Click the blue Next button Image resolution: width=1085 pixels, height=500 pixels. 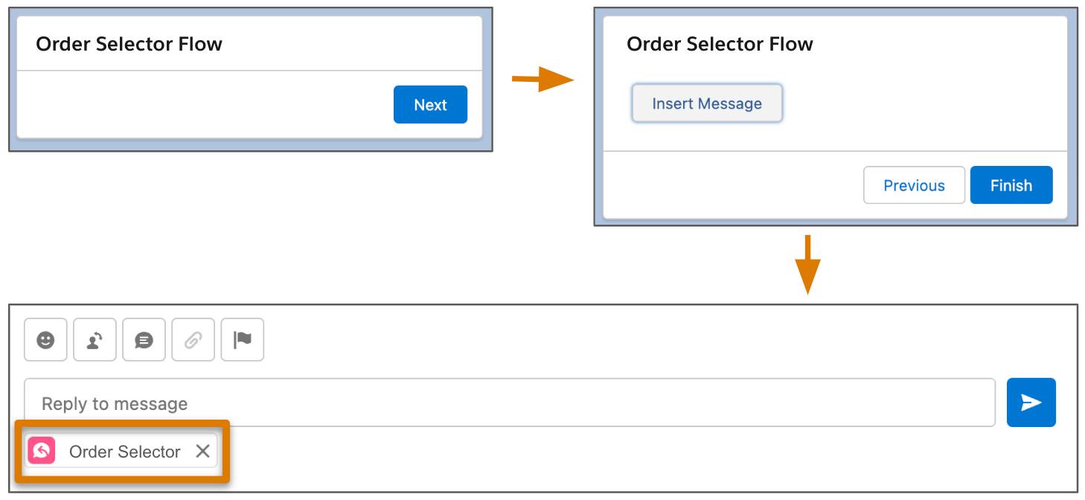(430, 105)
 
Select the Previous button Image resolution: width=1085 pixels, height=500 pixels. (914, 185)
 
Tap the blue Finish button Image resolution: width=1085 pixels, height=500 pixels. (1011, 185)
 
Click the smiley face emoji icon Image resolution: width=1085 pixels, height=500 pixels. (45, 339)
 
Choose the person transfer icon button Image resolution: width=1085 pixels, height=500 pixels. (95, 339)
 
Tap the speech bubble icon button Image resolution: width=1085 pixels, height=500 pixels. (144, 339)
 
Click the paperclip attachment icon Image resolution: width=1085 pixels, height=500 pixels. (193, 339)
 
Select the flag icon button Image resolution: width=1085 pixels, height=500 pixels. (242, 339)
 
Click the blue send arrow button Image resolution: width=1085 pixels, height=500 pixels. (1031, 403)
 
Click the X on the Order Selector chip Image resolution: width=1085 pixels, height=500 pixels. (203, 451)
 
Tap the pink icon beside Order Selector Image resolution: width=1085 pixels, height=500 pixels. (42, 451)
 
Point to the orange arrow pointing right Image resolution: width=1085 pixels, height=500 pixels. (543, 79)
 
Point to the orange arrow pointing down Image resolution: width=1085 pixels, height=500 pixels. (807, 265)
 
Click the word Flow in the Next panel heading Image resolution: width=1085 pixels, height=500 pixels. (200, 44)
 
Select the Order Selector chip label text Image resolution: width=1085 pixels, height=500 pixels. (124, 452)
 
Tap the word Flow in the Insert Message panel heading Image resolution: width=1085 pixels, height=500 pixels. (791, 44)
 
